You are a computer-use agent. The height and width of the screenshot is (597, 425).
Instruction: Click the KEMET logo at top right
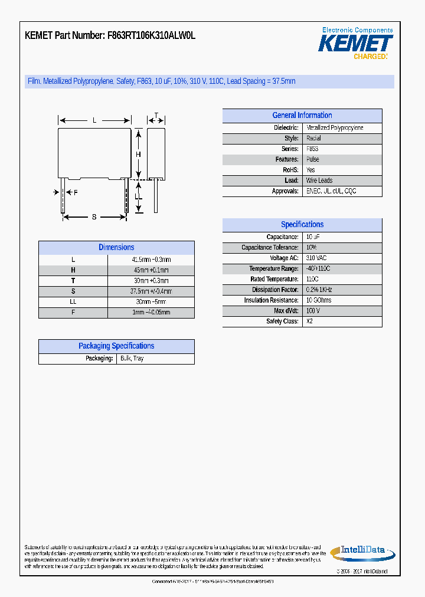point(355,43)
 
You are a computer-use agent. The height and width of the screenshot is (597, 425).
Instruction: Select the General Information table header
point(302,116)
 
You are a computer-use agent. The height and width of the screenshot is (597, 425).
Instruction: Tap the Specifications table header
point(302,225)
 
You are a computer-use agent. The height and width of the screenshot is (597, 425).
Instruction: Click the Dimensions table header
point(116,248)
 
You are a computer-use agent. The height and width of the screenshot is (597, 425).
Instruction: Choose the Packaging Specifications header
point(116,346)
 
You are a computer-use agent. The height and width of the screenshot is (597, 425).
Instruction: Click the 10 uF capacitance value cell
point(313,237)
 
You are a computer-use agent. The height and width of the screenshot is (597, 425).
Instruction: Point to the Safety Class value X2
point(310,322)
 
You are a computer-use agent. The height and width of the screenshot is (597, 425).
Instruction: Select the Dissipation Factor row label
point(275,290)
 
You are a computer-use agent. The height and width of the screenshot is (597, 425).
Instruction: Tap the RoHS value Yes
point(310,170)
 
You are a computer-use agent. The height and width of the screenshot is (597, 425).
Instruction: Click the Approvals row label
point(285,191)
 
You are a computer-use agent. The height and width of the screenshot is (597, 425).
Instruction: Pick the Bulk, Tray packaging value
point(132,359)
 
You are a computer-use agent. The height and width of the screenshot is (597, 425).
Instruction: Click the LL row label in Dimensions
point(73,302)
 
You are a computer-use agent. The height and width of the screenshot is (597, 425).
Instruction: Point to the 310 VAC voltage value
point(316,258)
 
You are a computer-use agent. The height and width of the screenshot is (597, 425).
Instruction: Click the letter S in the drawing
point(94,217)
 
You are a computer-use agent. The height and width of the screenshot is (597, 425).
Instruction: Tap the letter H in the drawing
point(138,155)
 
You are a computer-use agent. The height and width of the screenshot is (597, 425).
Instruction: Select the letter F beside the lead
point(76,192)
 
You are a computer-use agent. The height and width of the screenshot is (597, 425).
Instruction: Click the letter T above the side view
point(156,116)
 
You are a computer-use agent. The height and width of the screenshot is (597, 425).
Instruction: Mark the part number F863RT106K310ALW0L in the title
point(152,35)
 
